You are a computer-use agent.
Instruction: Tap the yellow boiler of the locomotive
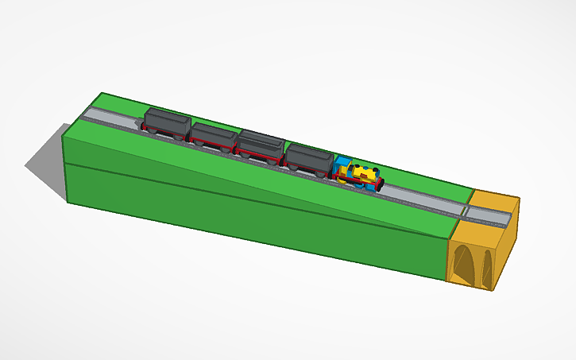(x=364, y=173)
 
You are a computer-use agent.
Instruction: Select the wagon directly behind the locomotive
(x=309, y=159)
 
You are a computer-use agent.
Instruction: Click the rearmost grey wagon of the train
(x=166, y=122)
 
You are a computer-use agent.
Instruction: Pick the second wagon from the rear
(x=212, y=135)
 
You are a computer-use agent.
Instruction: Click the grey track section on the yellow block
(x=489, y=214)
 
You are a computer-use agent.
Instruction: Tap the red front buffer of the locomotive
(x=379, y=187)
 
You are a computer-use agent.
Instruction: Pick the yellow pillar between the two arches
(x=476, y=265)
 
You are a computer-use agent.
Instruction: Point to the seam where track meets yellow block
(x=465, y=211)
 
